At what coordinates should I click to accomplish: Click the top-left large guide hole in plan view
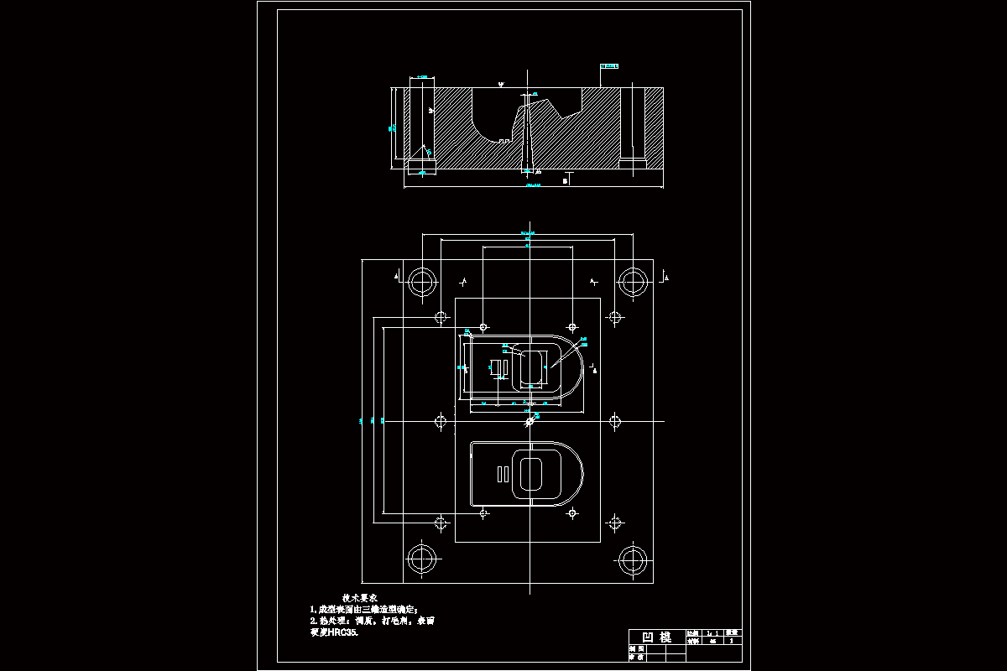pyautogui.click(x=421, y=280)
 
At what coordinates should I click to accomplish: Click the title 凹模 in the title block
pyautogui.click(x=656, y=637)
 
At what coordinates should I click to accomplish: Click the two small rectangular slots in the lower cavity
pyautogui.click(x=503, y=474)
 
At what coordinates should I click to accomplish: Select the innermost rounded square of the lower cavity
pyautogui.click(x=532, y=474)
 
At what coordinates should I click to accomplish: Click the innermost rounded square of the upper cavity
pyautogui.click(x=532, y=368)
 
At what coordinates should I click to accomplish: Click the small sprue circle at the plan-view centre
pyautogui.click(x=529, y=421)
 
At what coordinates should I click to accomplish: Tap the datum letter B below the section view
pyautogui.click(x=566, y=179)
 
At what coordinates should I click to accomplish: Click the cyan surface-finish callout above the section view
pyautogui.click(x=612, y=65)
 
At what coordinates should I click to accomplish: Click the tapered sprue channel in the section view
pyautogui.click(x=527, y=134)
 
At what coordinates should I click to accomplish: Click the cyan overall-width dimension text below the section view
pyautogui.click(x=533, y=186)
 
